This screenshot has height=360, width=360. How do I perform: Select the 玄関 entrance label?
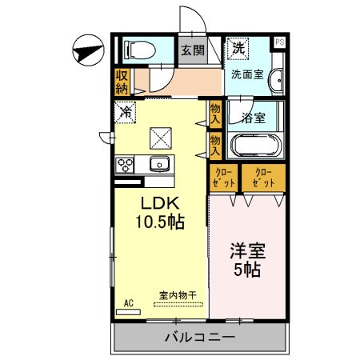tap(191, 50)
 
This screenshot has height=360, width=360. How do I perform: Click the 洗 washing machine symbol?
tap(238, 48)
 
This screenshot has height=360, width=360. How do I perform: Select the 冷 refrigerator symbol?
tap(126, 113)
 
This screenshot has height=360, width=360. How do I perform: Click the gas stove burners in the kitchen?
tap(126, 165)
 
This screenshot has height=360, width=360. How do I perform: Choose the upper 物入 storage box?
tap(215, 111)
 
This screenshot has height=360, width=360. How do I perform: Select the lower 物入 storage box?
tap(215, 145)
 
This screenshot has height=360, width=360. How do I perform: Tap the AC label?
tap(129, 303)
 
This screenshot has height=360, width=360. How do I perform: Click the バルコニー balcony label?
tap(200, 337)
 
